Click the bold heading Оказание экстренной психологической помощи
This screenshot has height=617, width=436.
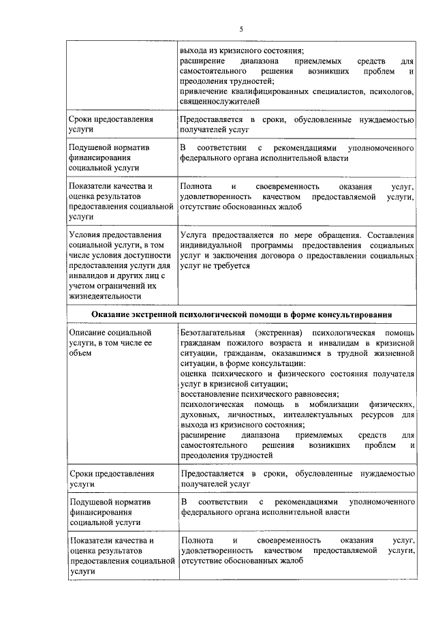point(241,314)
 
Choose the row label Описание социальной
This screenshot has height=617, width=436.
point(110,332)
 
